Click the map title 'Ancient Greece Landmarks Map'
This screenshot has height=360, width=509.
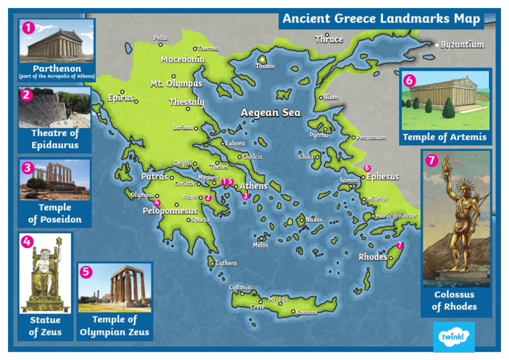[x=381, y=19]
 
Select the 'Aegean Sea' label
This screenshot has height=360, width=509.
[x=270, y=113]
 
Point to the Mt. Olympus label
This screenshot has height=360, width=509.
[x=176, y=84]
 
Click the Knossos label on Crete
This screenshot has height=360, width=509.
[x=306, y=312]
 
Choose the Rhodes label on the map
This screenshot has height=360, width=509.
[x=372, y=257]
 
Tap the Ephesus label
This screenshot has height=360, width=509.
[x=382, y=177]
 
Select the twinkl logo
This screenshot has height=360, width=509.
[x=453, y=337]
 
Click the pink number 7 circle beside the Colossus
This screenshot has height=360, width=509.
[x=432, y=160]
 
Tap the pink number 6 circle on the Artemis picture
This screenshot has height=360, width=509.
[x=410, y=80]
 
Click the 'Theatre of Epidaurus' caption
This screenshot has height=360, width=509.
[x=55, y=139]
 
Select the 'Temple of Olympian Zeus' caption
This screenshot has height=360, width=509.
[x=115, y=326]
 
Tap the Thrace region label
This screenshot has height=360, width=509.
[x=328, y=39]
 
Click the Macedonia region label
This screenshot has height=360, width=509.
[x=182, y=59]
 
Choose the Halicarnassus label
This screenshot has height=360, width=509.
[x=396, y=215]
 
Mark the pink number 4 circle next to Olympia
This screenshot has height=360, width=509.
[x=157, y=202]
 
